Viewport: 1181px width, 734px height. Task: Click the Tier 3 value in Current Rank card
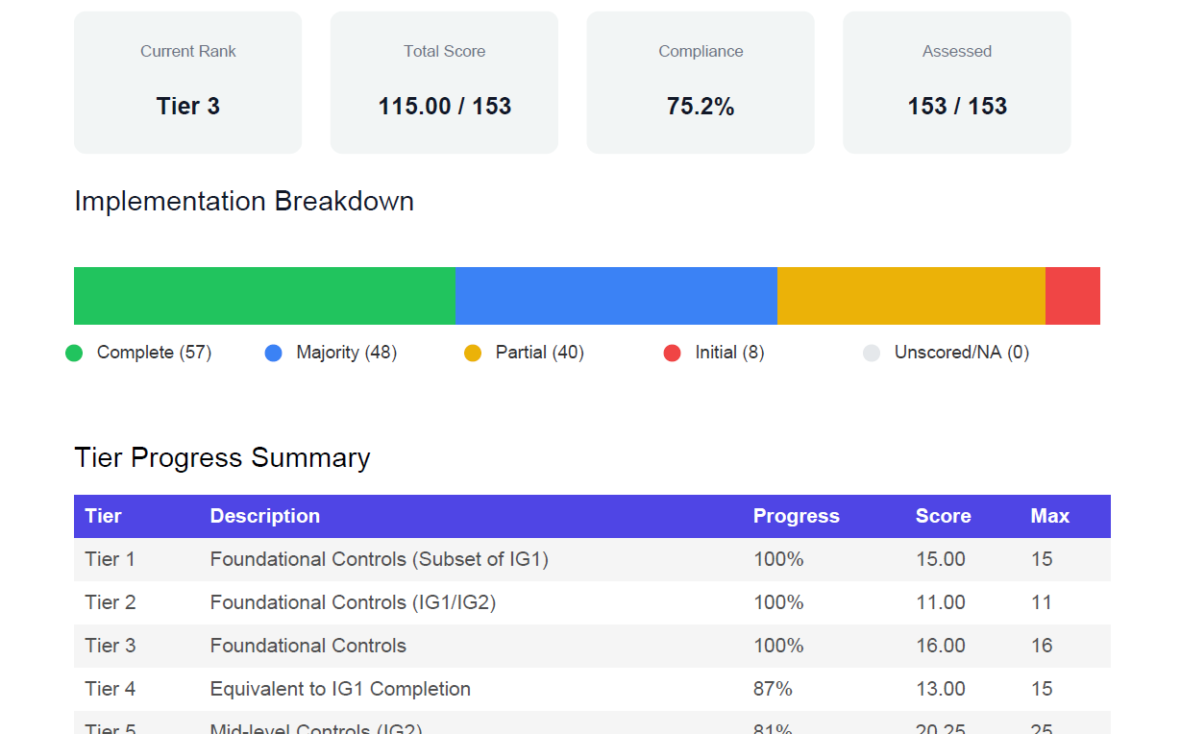(187, 106)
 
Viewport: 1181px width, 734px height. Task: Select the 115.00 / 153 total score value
(444, 106)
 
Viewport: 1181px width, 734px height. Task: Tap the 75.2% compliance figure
(701, 106)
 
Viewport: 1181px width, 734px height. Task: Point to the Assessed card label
(956, 52)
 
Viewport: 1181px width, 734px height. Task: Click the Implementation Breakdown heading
(244, 202)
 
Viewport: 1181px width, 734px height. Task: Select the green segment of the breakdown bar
(264, 296)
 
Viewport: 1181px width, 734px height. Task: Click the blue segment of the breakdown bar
(615, 296)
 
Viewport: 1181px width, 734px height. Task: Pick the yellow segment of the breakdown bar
(911, 296)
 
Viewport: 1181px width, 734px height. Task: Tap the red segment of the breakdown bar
(1072, 296)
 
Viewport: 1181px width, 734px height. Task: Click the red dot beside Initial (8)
(673, 354)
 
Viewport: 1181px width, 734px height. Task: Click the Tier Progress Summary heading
(222, 458)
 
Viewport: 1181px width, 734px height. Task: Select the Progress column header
(796, 516)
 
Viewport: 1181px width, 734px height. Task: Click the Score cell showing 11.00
(940, 602)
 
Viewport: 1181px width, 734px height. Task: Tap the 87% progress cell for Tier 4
(773, 689)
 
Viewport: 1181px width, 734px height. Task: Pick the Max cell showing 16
(1042, 646)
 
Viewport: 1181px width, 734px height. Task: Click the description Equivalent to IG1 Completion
(340, 689)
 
